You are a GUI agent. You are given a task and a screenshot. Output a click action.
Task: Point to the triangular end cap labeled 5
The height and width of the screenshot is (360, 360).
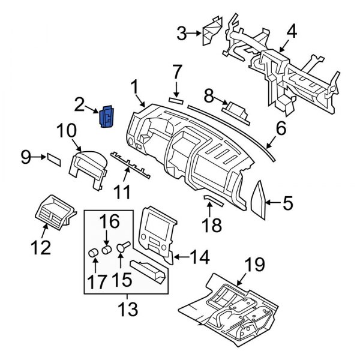coord(260,200)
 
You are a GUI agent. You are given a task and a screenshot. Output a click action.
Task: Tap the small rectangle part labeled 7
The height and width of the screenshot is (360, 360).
coord(176,101)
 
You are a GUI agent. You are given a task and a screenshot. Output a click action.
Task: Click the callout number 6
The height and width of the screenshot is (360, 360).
coord(280,128)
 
